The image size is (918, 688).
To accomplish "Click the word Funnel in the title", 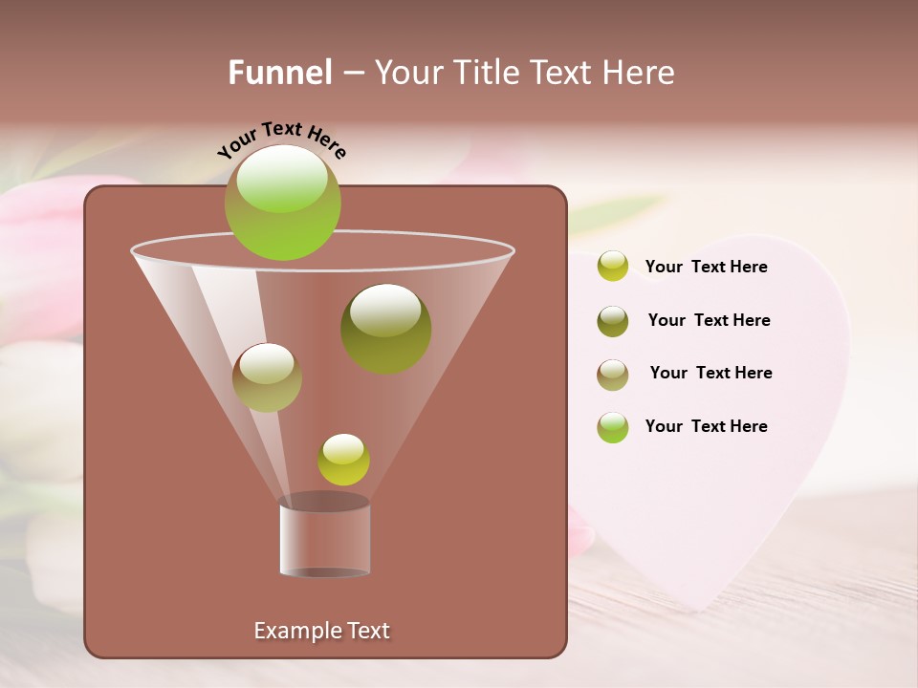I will click(x=279, y=73).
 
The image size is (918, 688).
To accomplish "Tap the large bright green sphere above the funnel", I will click(x=282, y=202).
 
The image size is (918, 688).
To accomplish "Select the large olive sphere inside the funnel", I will click(x=385, y=329).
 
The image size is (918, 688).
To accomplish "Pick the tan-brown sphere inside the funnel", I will click(x=267, y=377).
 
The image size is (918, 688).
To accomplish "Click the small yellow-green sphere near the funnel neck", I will click(x=343, y=460).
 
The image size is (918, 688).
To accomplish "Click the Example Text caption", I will click(x=321, y=631).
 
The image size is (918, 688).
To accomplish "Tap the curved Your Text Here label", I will click(x=281, y=139).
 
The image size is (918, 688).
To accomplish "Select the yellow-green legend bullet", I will click(x=613, y=267).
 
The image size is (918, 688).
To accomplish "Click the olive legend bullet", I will click(x=613, y=321).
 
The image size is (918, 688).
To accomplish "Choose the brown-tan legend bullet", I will click(x=613, y=375).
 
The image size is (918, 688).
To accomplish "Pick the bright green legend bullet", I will click(x=613, y=427).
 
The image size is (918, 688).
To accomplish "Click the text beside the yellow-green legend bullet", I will click(x=706, y=268).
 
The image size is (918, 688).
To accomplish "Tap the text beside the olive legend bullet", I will click(x=709, y=321).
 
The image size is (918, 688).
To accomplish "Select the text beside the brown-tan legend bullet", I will click(x=710, y=374).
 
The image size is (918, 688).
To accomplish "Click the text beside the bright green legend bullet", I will click(x=706, y=427).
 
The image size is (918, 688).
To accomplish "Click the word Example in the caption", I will click(x=294, y=631).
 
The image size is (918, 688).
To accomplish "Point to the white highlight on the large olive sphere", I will click(x=384, y=312).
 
